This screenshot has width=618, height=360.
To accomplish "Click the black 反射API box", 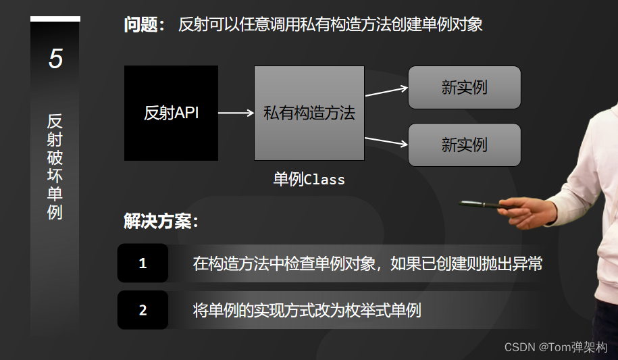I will pos(171,113).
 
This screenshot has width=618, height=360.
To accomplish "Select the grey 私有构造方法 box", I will pos(309,113).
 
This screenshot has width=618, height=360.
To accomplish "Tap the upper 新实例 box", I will pos(464,87).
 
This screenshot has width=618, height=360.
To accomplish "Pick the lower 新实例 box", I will pos(464,145).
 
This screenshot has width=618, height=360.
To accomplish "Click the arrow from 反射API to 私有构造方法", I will pos(236,113).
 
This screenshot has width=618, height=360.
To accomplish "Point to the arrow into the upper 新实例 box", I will pos(386,91).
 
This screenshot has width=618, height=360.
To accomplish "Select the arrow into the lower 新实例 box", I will pos(386,140).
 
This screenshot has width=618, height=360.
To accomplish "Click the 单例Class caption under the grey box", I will pos(309,180).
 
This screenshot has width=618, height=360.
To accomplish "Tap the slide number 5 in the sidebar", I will pos(55,59).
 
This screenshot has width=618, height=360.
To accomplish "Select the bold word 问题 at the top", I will pos(143,26).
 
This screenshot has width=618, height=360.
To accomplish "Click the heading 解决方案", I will pos(161,221).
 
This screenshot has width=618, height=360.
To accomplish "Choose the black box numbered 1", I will pos(143,263).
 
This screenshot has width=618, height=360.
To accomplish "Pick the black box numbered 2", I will pos(143,310).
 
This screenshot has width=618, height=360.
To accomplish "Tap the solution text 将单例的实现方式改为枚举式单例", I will pos(307,310).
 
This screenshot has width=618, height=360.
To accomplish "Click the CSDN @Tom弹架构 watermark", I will pos(556,347).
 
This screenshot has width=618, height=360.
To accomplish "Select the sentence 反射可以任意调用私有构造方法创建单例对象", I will pos(330,26).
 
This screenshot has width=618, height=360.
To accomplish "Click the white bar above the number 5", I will pos(55,19).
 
